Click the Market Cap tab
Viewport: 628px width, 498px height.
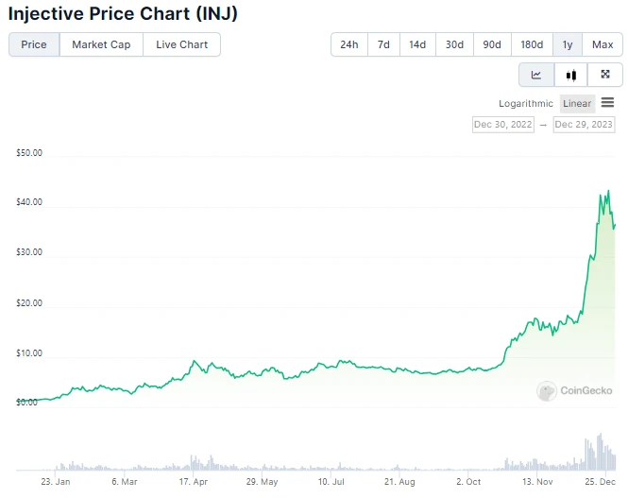(x=101, y=44)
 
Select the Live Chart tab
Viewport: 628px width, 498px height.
(x=181, y=44)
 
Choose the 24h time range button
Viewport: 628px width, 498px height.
(x=348, y=44)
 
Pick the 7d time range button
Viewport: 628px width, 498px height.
(x=383, y=44)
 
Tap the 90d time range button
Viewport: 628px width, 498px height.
(x=492, y=44)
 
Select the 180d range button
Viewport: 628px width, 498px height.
(x=532, y=44)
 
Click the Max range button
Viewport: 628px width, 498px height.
(x=603, y=44)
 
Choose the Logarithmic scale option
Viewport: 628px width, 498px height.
(x=526, y=104)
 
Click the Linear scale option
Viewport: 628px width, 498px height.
(x=577, y=104)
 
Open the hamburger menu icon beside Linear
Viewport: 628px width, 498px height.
(x=607, y=103)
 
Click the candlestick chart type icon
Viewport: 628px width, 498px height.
(x=570, y=75)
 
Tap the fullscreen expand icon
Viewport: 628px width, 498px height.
(x=605, y=75)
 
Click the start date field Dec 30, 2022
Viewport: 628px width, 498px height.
(x=503, y=125)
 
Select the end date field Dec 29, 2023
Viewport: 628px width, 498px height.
(x=585, y=125)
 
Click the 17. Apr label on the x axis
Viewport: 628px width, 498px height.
(x=193, y=482)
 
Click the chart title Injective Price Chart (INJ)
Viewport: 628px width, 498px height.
(x=123, y=13)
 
